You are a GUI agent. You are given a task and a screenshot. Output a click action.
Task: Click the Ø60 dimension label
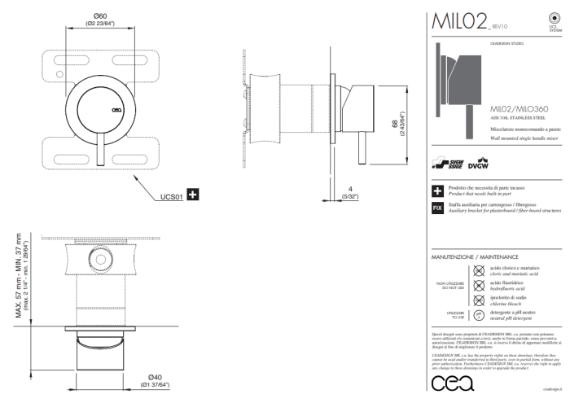[101, 15]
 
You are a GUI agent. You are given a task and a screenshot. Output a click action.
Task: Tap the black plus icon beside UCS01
[193, 195]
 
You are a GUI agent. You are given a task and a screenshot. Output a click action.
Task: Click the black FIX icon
[438, 208]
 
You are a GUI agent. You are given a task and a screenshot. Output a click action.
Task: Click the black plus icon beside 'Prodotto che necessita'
[438, 191]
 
